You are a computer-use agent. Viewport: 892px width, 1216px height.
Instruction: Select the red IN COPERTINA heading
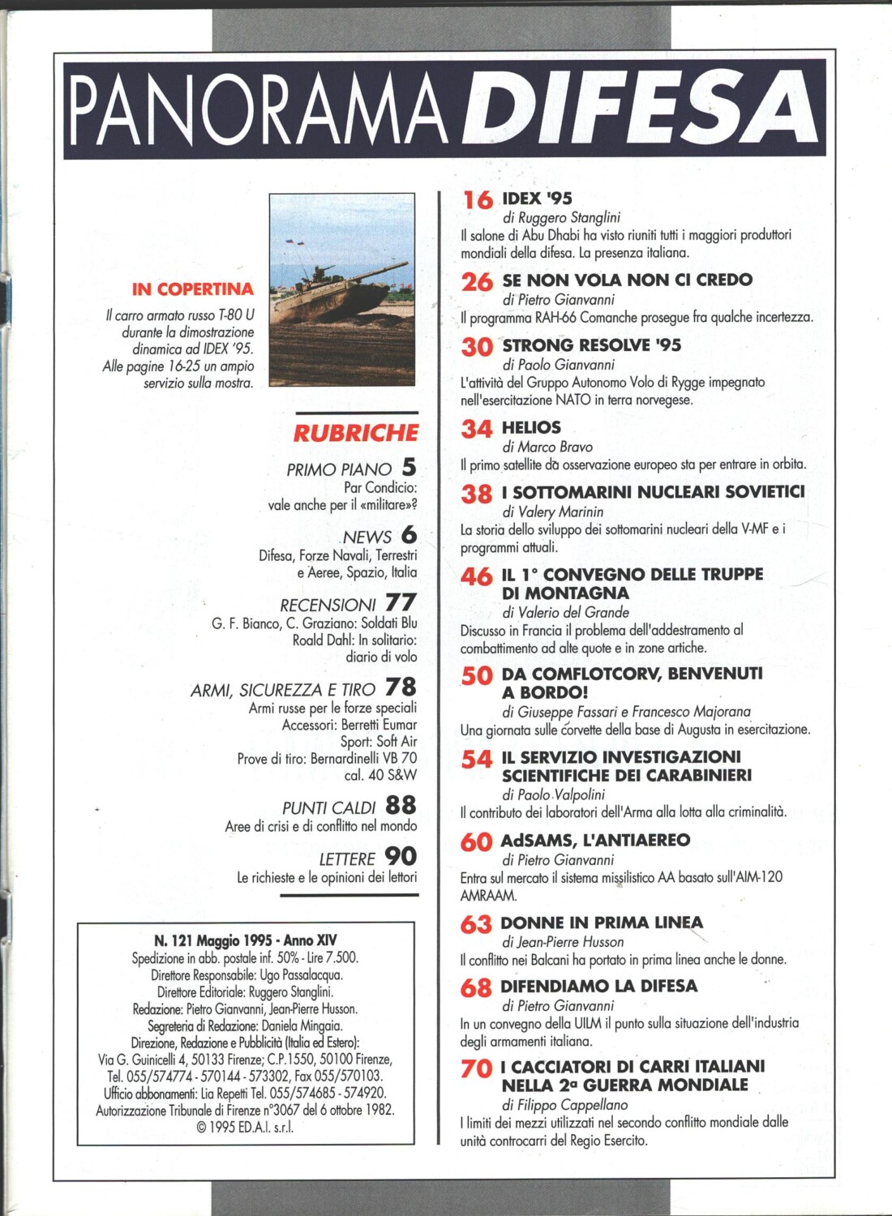pos(192,289)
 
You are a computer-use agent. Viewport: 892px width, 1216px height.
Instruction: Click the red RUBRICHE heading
pos(355,433)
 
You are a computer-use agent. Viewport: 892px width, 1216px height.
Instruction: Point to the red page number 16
pos(478,199)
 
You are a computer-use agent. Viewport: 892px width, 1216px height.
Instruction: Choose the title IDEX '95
pos(537,199)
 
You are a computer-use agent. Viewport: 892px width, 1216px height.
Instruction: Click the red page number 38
pos(477,494)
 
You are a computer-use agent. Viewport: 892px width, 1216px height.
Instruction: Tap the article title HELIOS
pos(531,427)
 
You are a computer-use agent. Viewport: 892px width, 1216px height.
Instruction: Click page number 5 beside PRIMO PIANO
pos(409,468)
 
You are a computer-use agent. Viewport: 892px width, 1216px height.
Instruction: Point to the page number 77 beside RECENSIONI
pos(401,603)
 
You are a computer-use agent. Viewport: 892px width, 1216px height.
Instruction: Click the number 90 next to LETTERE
pos(401,857)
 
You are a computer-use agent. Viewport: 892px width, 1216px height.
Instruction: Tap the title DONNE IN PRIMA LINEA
pos(602,923)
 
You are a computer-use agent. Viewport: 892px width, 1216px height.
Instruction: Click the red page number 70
pos(476,1069)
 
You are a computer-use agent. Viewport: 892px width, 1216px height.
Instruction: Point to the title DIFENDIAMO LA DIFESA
pos(598,986)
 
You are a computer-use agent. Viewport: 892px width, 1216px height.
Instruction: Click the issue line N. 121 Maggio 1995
pos(245,940)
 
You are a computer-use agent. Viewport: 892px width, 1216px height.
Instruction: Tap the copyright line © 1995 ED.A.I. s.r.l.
pos(245,1127)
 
